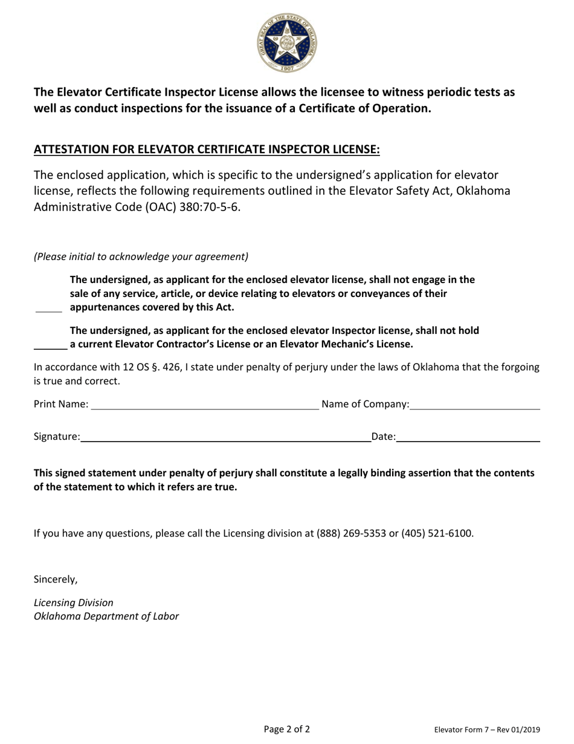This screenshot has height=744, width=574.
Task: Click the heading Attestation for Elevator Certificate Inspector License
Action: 207,149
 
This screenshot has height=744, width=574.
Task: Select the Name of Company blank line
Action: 474,405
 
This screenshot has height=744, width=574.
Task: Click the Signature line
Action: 226,437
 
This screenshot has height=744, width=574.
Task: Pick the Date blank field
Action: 468,437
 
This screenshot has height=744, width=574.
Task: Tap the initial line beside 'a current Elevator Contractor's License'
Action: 50,346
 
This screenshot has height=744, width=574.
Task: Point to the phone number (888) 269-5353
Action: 352,534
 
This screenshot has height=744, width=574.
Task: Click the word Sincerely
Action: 56,579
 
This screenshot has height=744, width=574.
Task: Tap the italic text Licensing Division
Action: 73,602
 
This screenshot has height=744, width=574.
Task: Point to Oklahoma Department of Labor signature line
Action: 106,617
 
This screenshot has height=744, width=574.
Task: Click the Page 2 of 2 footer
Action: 287,729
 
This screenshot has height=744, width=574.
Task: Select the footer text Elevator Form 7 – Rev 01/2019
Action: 487,730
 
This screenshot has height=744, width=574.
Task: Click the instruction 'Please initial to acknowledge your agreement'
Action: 141,256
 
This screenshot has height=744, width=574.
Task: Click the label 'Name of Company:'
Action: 366,404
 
